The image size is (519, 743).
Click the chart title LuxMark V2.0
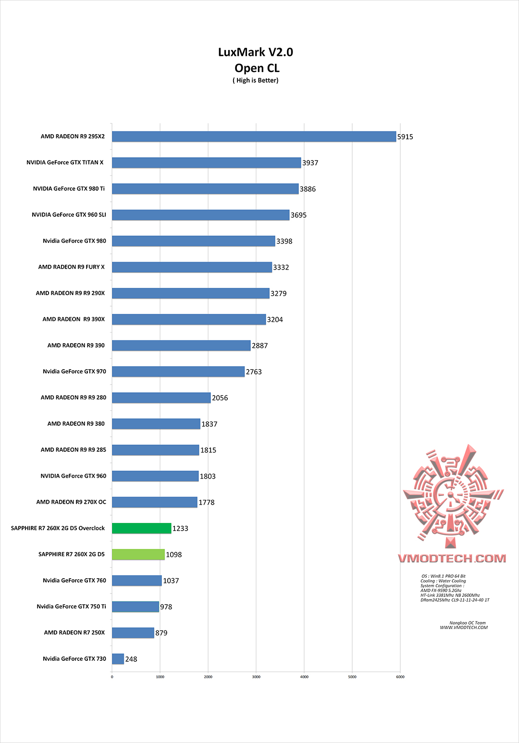click(x=255, y=52)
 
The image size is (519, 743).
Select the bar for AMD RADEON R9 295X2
click(x=254, y=136)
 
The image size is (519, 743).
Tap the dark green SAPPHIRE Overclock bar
click(x=142, y=528)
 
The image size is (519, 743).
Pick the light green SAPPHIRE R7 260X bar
click(x=138, y=554)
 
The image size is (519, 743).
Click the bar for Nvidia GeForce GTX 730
click(x=118, y=659)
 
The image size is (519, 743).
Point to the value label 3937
click(x=310, y=163)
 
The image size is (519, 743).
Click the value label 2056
click(x=220, y=398)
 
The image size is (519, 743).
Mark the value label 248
click(x=131, y=659)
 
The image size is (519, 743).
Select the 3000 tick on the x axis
click(x=256, y=677)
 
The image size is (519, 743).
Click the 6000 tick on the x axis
click(x=400, y=677)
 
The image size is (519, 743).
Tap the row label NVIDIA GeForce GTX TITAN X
click(x=65, y=162)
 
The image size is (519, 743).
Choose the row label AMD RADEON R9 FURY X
click(x=71, y=267)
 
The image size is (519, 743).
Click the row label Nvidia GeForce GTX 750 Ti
click(x=71, y=607)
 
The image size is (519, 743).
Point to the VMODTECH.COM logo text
click(x=452, y=558)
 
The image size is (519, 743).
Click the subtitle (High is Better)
click(x=256, y=80)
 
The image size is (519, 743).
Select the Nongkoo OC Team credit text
click(x=467, y=623)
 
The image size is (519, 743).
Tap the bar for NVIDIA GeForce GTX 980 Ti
click(x=205, y=189)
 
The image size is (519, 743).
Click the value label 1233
click(x=180, y=529)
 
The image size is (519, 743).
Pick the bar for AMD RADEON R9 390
click(x=181, y=346)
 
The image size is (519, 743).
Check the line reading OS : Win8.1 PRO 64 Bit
click(x=443, y=576)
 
